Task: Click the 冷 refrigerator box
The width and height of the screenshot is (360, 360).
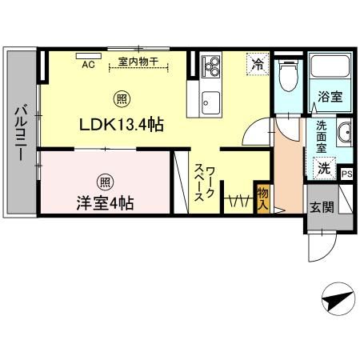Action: point(258,63)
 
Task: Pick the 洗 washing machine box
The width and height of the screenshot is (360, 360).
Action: point(325,170)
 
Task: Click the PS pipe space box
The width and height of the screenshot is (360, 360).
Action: point(347,174)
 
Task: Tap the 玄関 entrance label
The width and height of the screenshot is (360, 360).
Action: point(322,206)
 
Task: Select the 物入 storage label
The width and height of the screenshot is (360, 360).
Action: point(262,198)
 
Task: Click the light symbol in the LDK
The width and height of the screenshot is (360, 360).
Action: point(121,99)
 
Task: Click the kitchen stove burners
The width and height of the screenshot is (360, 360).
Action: point(212,66)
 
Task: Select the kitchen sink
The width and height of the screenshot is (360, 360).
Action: point(211,101)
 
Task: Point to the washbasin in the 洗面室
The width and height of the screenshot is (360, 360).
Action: point(345,134)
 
